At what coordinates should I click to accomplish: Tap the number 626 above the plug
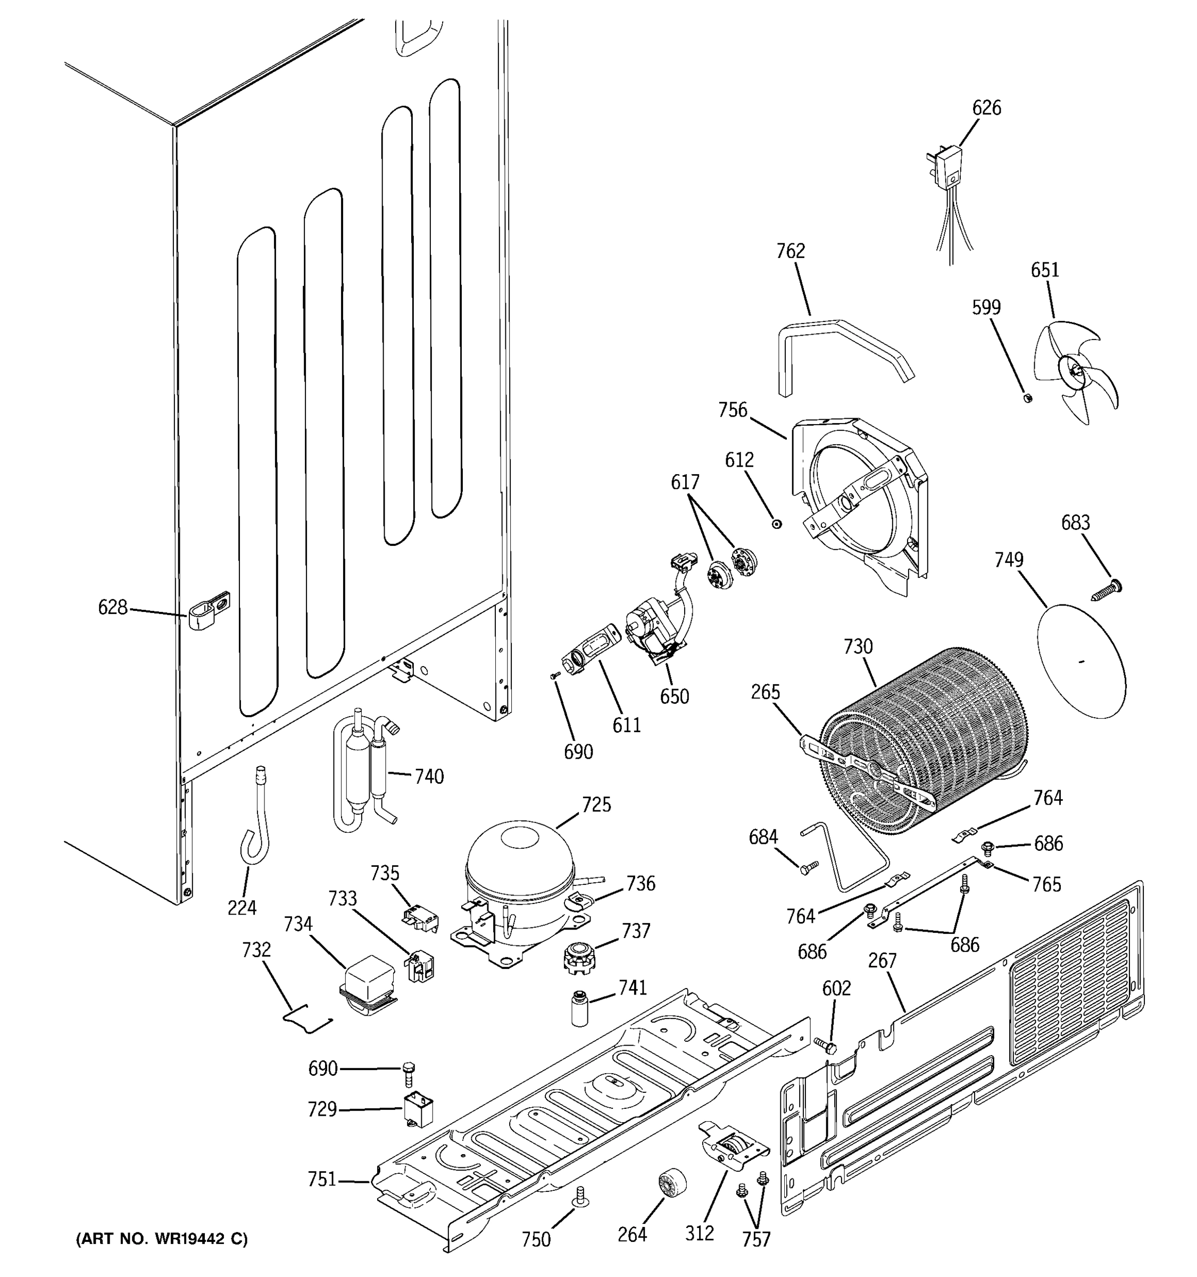click(986, 108)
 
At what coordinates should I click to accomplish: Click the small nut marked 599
click(1026, 397)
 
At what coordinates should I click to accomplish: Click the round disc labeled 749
click(1082, 661)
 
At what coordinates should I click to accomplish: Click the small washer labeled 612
click(776, 524)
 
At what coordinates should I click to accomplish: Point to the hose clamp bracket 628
click(207, 611)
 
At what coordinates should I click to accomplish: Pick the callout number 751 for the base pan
click(322, 1179)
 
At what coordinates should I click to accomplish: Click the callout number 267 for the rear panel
click(882, 960)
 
